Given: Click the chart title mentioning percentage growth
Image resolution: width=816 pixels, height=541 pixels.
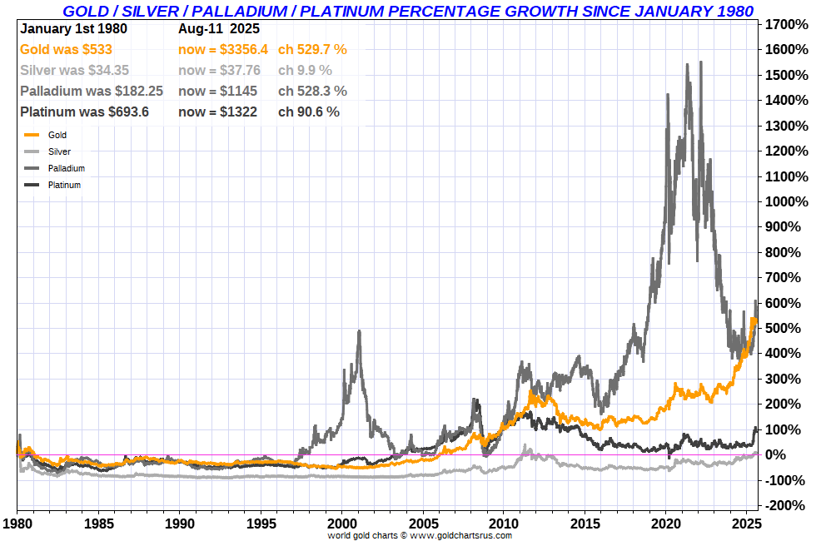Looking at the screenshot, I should coord(408,11).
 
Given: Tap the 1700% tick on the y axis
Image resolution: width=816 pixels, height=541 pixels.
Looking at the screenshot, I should coord(785,24).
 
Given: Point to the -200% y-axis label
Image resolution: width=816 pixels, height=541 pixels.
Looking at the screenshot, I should coord(785,505).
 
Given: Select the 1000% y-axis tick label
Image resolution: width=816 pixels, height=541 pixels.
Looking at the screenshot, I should coord(785,201).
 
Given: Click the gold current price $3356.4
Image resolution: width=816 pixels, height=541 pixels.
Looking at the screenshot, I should coord(222,50).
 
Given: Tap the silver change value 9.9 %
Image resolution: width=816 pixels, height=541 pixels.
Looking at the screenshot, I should coord(305,71).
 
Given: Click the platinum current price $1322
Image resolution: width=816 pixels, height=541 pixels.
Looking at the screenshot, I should coord(217,112).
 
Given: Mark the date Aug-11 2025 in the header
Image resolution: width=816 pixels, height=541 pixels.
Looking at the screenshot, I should coord(218,28).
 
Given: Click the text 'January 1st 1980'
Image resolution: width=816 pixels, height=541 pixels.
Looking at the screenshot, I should coord(72,28).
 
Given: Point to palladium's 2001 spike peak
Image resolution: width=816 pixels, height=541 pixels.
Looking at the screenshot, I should coord(359,331).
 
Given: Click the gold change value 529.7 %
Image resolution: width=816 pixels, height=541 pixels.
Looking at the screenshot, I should coord(312,50).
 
